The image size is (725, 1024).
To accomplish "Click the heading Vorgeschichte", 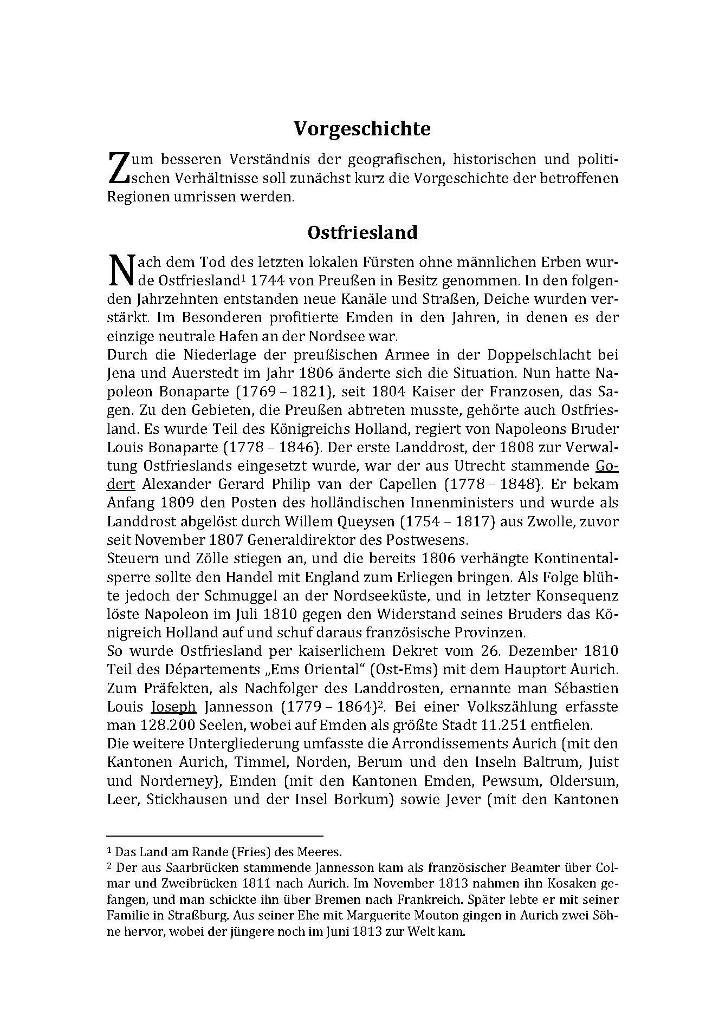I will coord(362,129).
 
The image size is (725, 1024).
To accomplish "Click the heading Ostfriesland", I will coord(362,232).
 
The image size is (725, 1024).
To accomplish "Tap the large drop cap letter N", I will coord(121,271).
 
